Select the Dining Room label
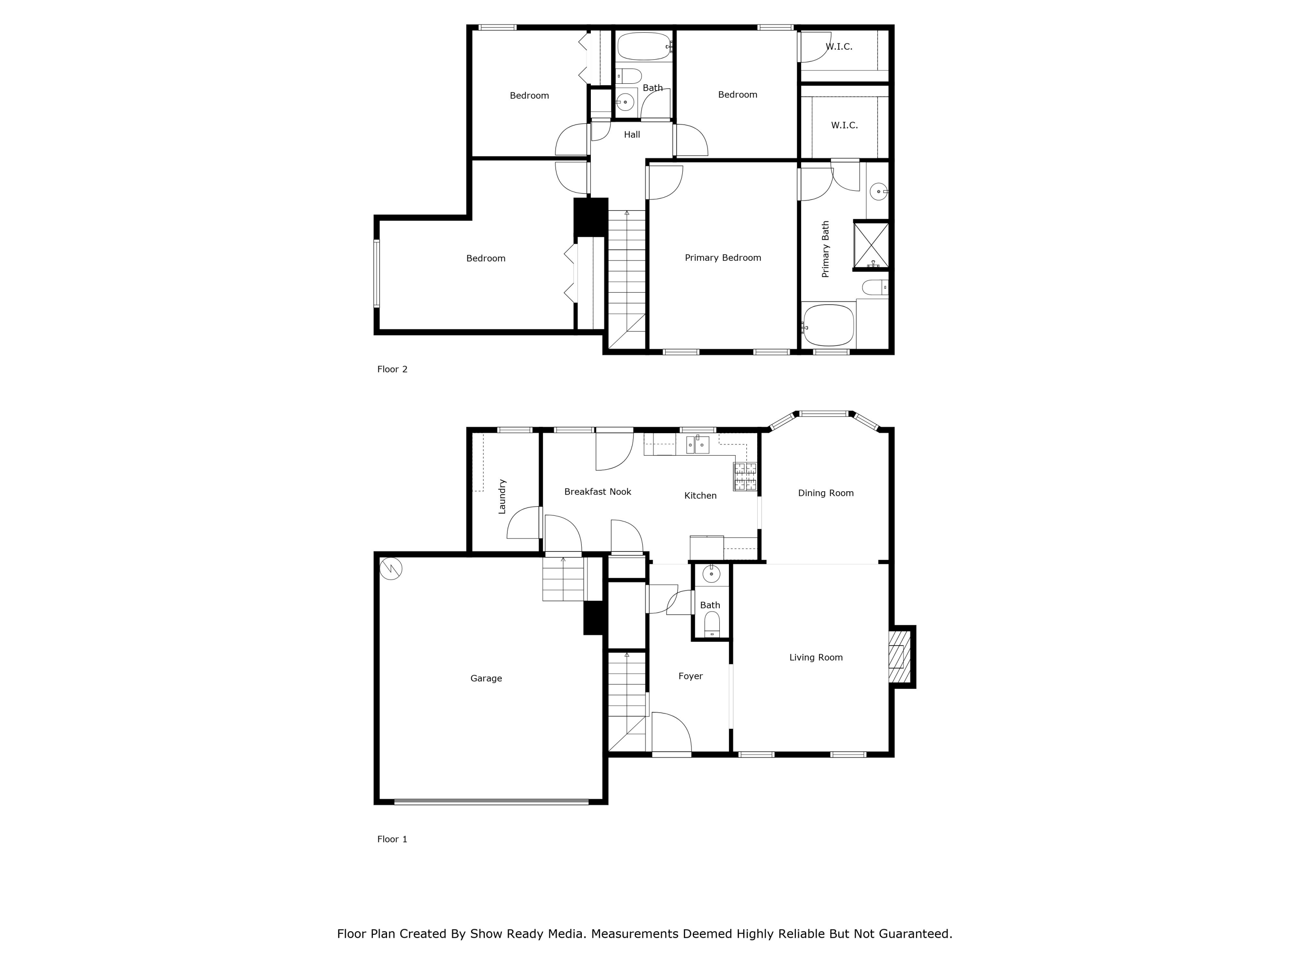(x=826, y=493)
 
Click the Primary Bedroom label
(x=722, y=257)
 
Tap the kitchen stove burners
(x=745, y=476)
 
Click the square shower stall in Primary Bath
(x=871, y=245)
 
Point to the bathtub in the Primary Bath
(x=829, y=324)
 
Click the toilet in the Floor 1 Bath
(x=712, y=625)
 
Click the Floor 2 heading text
(x=392, y=369)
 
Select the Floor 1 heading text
(x=392, y=839)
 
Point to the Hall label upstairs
(x=632, y=135)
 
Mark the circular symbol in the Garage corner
(x=391, y=568)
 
